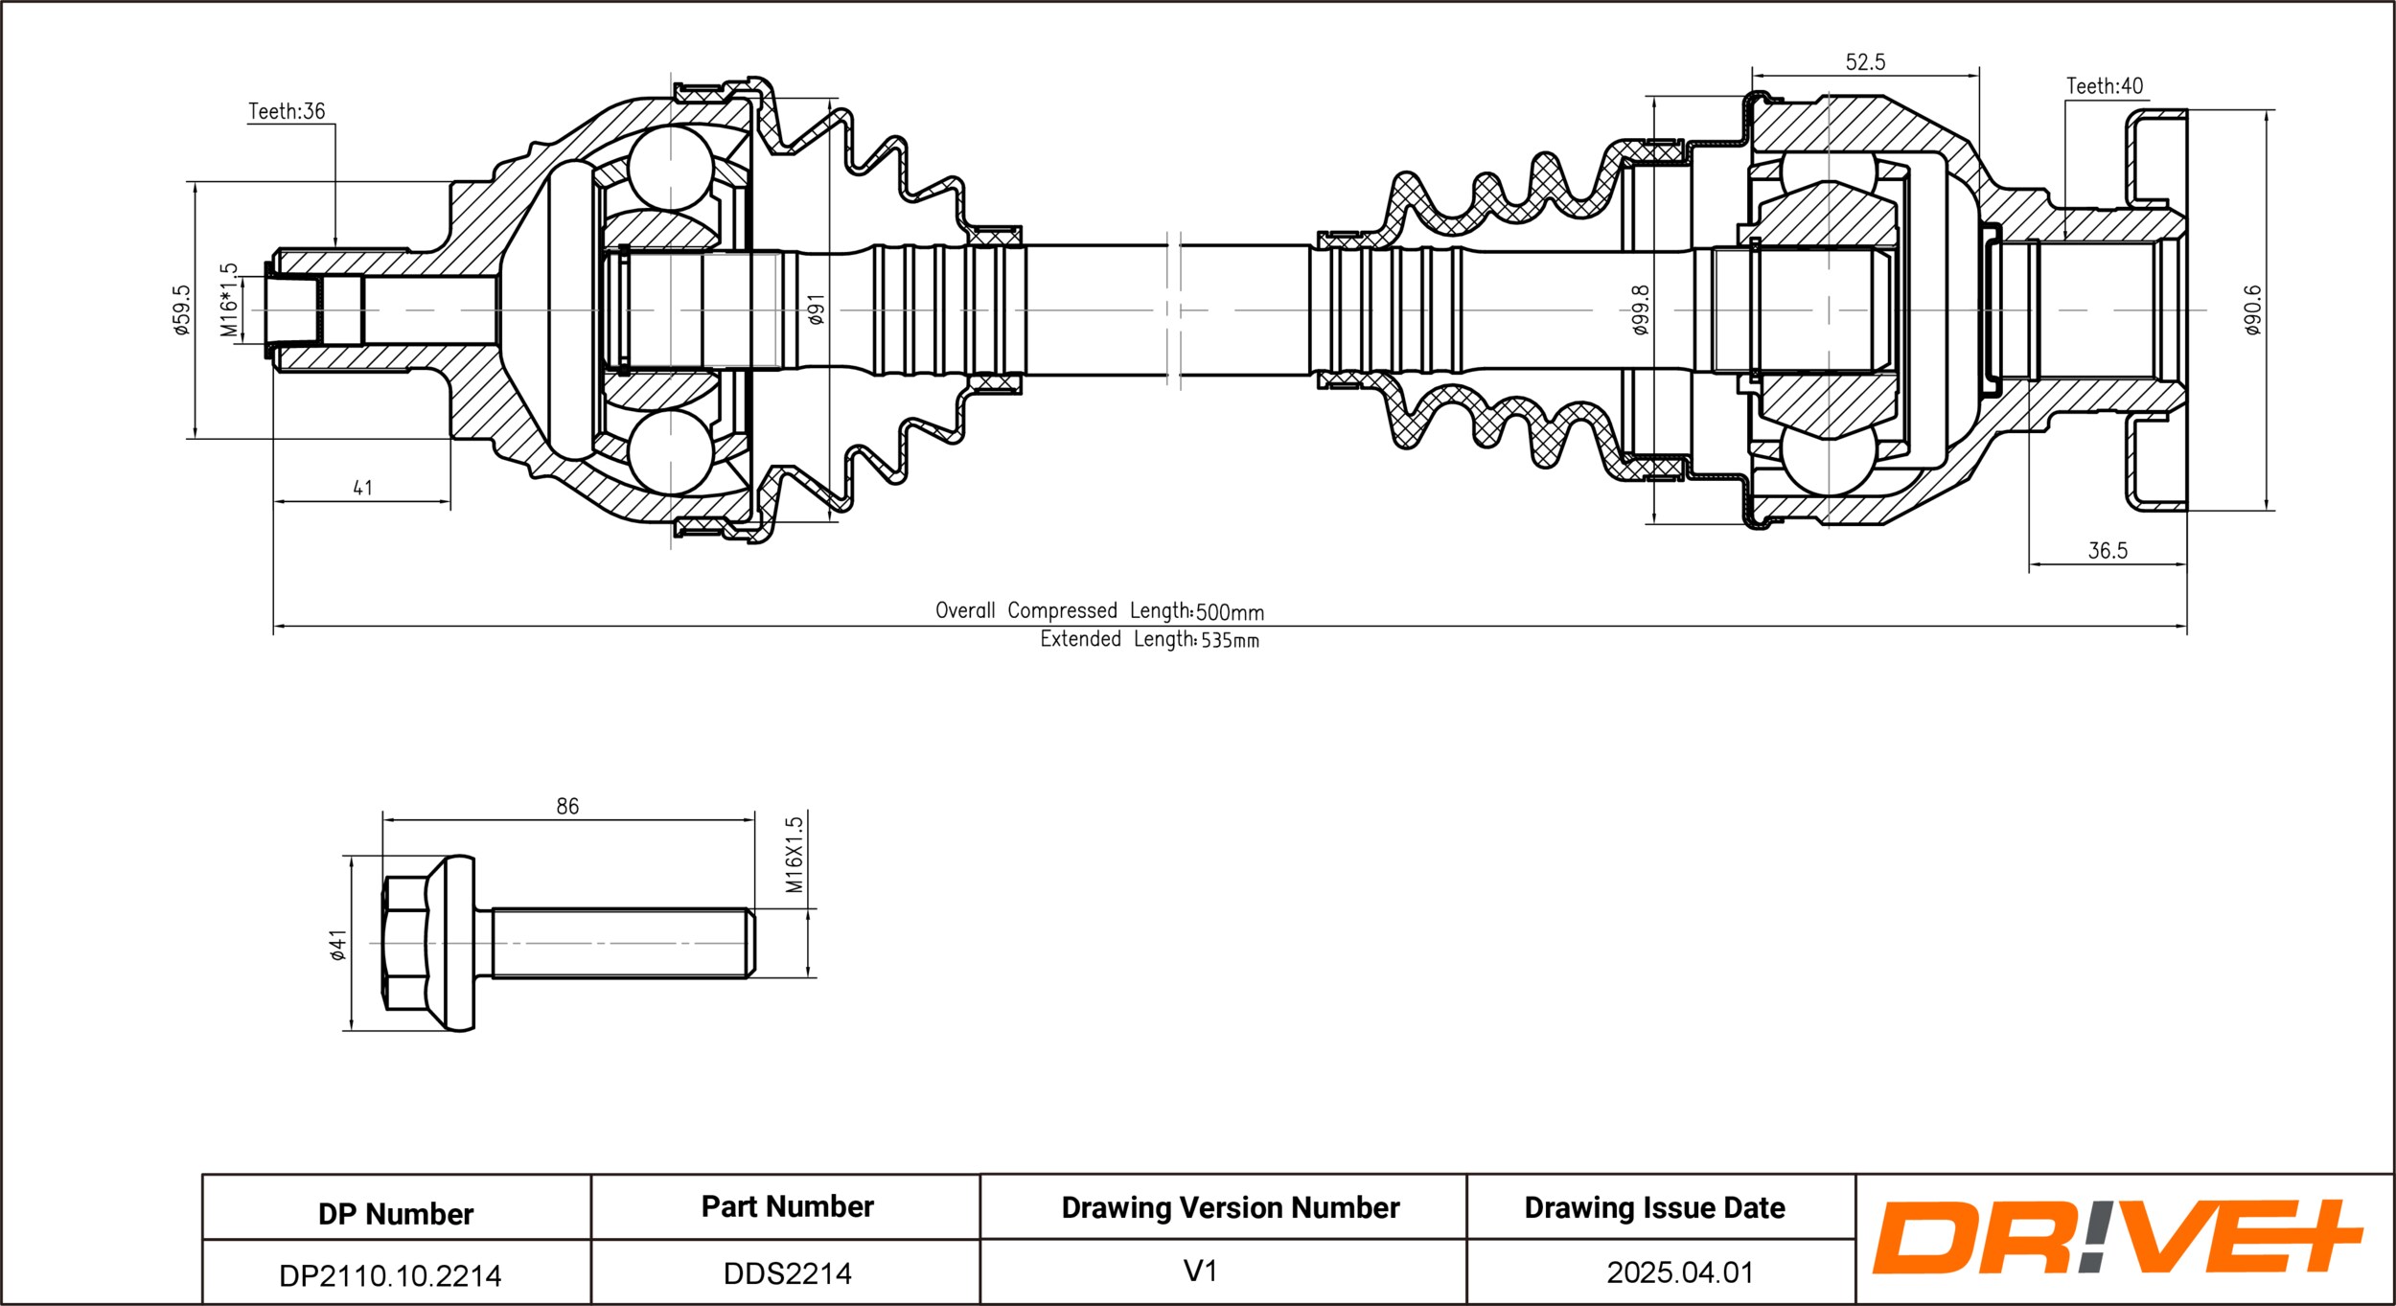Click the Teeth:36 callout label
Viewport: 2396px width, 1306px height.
[x=287, y=111]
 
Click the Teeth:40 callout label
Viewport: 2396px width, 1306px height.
[x=2105, y=86]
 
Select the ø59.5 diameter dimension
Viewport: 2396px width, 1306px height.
[x=181, y=309]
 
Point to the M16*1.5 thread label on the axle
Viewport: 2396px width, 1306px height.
[x=229, y=300]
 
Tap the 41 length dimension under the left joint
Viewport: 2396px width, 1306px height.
[x=362, y=488]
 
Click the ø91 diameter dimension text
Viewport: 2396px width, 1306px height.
[x=816, y=309]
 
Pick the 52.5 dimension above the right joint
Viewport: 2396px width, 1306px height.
[x=1865, y=62]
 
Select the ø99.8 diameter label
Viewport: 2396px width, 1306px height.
[x=1640, y=309]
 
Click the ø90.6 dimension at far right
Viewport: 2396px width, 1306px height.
[x=2252, y=309]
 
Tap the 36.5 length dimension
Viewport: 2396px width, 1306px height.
[x=2108, y=551]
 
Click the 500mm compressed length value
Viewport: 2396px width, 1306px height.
[x=1230, y=612]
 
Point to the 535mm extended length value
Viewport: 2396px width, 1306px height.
[x=1230, y=640]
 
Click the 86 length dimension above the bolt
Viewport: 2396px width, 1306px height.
[x=567, y=806]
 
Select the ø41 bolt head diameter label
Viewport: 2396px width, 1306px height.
[x=337, y=944]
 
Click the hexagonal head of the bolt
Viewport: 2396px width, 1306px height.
[x=405, y=943]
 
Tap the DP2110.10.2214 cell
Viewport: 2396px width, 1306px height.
[x=390, y=1275]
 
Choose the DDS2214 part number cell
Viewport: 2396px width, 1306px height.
[x=787, y=1273]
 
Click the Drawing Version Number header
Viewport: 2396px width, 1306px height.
[x=1231, y=1207]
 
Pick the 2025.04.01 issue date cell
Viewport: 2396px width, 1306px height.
[x=1680, y=1272]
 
